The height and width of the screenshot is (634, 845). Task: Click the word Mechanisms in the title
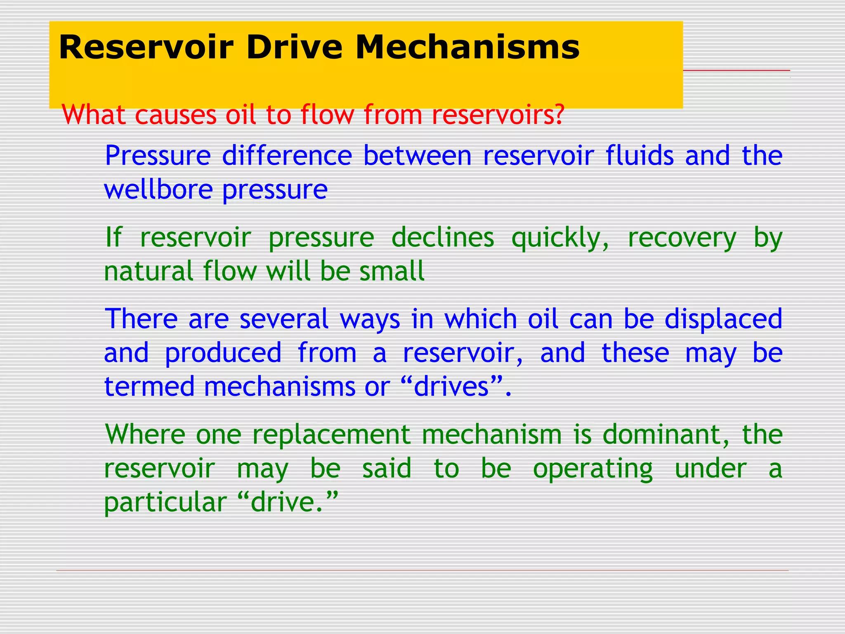point(467,47)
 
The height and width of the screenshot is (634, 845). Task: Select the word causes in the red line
point(176,115)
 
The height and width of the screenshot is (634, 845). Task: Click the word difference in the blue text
point(287,156)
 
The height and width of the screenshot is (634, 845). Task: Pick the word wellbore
point(158,189)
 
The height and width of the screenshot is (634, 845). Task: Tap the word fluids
point(640,156)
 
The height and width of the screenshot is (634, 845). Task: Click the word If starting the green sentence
point(113,237)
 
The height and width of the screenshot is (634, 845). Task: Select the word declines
point(442,237)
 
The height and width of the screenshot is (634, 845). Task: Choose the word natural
point(149,271)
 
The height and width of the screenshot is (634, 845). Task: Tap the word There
point(142,319)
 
